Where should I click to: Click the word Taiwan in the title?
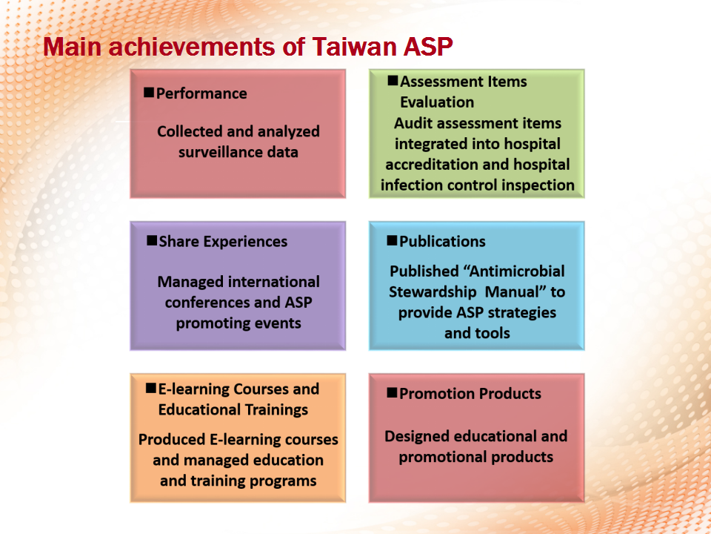(354, 46)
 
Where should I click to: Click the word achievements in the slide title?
(191, 46)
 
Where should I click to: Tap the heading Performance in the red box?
(201, 93)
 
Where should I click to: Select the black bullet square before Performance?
(149, 92)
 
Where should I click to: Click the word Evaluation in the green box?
(437, 102)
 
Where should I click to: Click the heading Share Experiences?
(223, 242)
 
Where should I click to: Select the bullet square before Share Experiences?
(152, 240)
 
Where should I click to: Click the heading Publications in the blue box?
(443, 242)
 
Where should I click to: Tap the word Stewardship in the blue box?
(433, 292)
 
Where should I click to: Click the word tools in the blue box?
(493, 333)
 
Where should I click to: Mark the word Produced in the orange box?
(172, 440)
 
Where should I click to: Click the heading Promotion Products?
(470, 394)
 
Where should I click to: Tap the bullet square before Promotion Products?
(392, 392)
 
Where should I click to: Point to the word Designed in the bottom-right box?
(417, 436)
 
